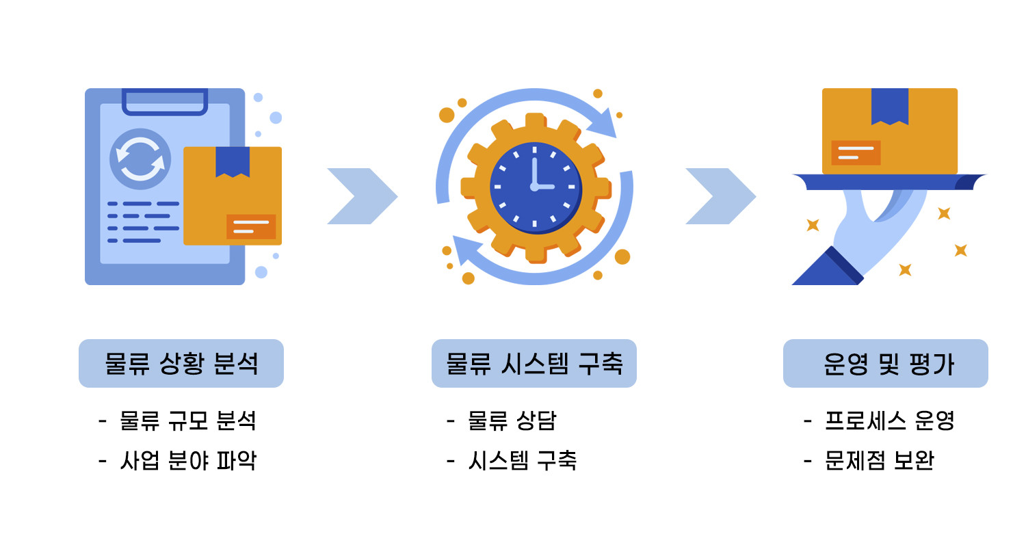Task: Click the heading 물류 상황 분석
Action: point(181,363)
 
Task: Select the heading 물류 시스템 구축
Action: point(534,363)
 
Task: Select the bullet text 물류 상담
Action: point(511,421)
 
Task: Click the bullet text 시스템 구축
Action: point(522,460)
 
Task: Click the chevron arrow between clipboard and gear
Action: point(362,196)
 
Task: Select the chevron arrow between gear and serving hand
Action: point(720,196)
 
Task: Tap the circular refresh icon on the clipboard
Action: point(140,159)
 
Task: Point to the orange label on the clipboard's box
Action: point(250,227)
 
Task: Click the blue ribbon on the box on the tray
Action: point(889,106)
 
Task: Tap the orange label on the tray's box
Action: point(855,152)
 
